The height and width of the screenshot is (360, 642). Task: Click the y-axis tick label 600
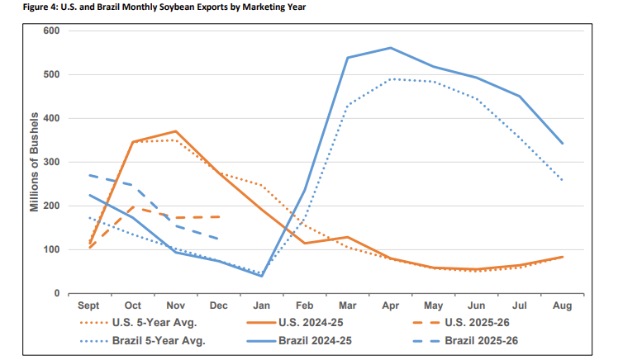(x=52, y=31)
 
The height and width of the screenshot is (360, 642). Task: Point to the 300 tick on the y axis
(x=52, y=162)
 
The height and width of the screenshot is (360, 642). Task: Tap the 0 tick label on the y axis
(x=57, y=293)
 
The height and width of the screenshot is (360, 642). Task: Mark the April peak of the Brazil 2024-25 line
(x=390, y=48)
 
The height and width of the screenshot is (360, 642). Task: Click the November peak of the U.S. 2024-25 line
(x=175, y=131)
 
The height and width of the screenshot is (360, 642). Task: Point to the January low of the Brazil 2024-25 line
(x=261, y=276)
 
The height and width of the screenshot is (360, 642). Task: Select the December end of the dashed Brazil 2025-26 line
(x=218, y=239)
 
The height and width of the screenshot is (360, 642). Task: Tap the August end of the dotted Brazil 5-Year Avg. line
(x=563, y=180)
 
